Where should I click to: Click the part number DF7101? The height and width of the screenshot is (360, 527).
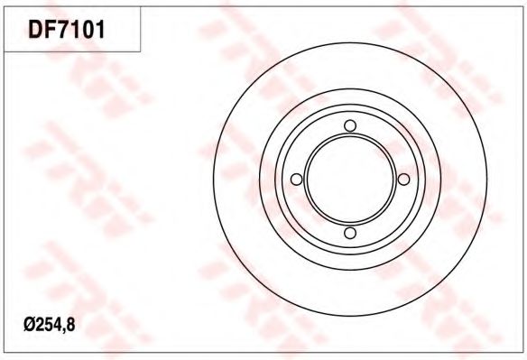tap(67, 29)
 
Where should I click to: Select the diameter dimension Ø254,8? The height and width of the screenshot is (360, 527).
tap(50, 325)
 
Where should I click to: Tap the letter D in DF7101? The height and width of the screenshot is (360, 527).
tap(35, 29)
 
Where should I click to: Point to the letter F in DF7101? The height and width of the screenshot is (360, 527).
tap(50, 29)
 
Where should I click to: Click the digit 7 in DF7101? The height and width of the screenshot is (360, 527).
tap(63, 29)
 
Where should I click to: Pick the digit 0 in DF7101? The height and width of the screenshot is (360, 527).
tap(87, 29)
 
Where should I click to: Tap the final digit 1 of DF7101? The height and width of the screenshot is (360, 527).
tap(99, 29)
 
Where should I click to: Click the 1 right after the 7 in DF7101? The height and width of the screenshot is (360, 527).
tap(75, 29)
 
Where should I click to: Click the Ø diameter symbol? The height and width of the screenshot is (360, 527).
tap(29, 325)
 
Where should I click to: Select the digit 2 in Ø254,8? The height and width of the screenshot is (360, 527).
tap(40, 325)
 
